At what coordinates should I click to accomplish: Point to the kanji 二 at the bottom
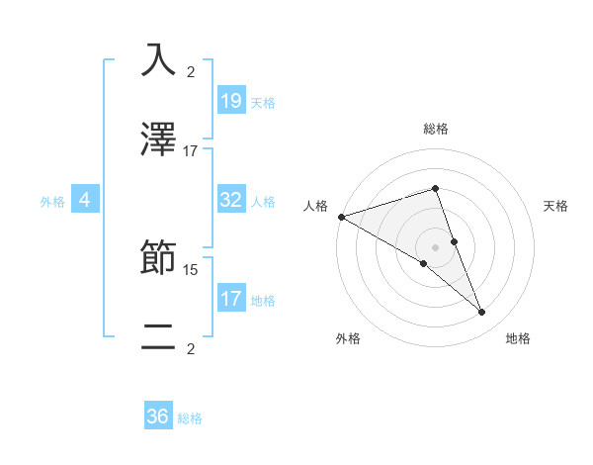(158, 337)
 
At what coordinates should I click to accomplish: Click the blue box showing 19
(230, 100)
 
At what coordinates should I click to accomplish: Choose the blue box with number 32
(230, 200)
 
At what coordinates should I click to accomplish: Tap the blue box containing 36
(158, 417)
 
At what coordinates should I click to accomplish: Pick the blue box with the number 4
(85, 200)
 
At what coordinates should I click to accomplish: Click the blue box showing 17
(230, 298)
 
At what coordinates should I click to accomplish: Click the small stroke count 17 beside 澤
(191, 151)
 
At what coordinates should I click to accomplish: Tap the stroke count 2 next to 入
(191, 71)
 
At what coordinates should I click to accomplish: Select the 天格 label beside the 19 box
(263, 102)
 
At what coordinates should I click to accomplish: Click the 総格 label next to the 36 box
(190, 418)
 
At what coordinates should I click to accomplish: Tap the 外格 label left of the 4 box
(52, 201)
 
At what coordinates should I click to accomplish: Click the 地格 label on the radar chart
(518, 338)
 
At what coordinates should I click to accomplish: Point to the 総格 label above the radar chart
(435, 129)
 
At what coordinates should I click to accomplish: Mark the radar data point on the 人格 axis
(341, 216)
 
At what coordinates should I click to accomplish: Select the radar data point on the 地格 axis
(482, 313)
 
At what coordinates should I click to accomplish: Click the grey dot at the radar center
(435, 246)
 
